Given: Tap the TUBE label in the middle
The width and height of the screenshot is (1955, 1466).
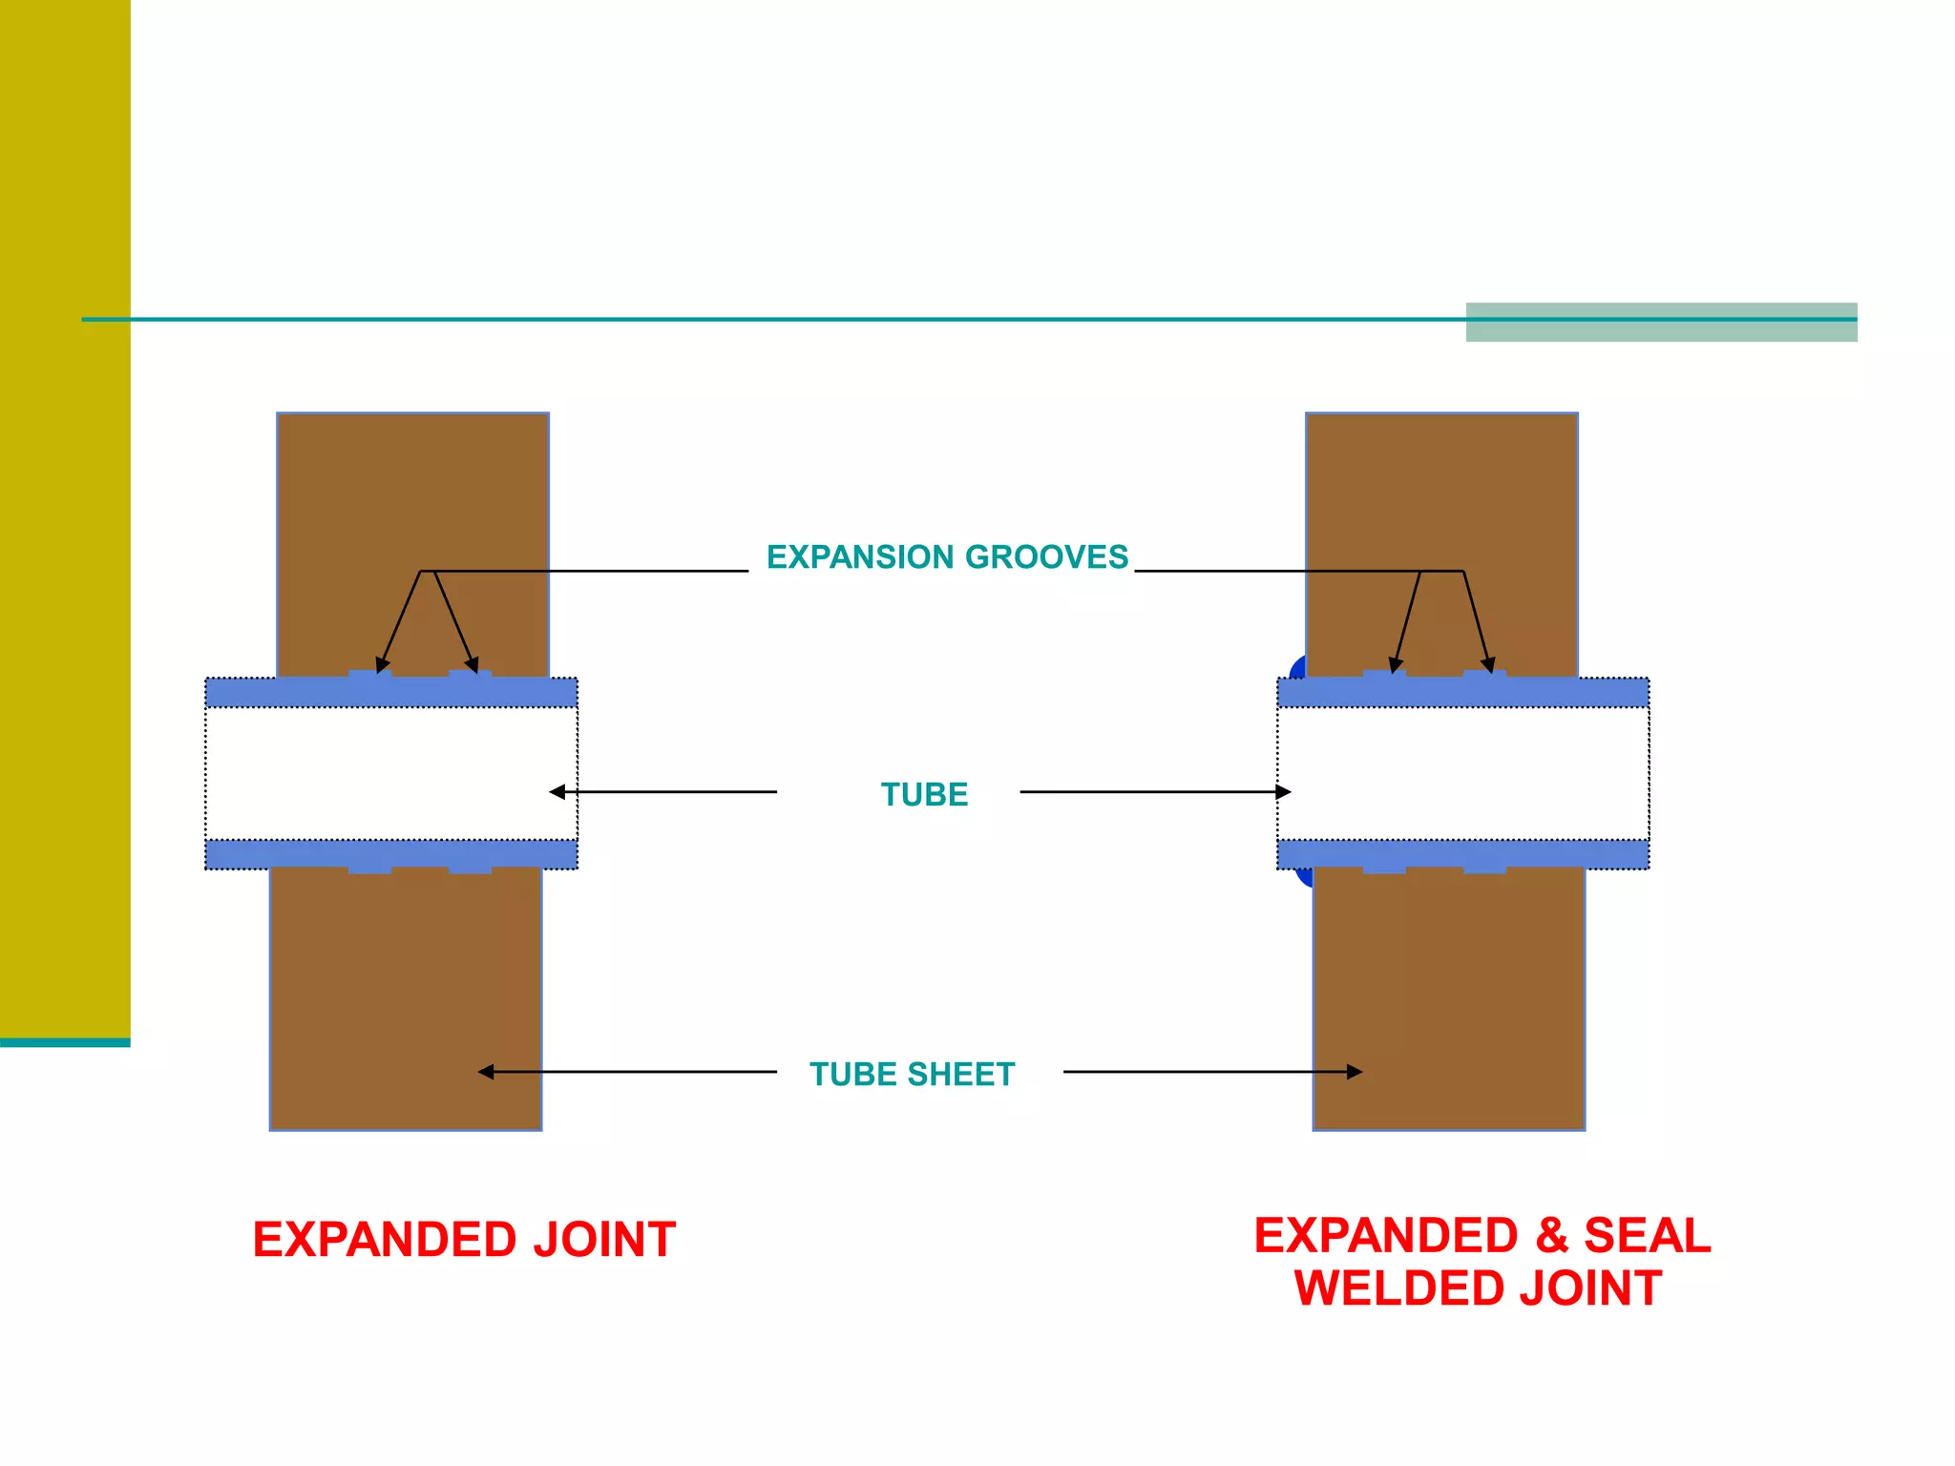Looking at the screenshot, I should (x=924, y=794).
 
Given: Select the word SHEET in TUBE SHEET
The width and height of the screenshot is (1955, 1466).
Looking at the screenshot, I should (x=960, y=1074).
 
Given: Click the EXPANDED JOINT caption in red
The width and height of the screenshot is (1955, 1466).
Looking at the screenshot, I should (x=464, y=1240).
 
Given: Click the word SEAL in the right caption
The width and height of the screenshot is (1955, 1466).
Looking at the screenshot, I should (x=1648, y=1235).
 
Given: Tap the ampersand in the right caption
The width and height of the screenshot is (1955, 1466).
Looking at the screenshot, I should (x=1551, y=1235).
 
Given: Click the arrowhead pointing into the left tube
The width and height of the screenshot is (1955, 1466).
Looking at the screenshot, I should (x=557, y=791).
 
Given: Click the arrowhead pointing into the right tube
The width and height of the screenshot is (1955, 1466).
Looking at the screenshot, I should (x=1284, y=791).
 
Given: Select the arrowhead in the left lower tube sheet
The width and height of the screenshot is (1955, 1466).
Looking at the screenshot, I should (x=486, y=1072).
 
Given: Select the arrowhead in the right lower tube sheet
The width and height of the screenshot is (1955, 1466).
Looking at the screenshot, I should (x=1355, y=1072).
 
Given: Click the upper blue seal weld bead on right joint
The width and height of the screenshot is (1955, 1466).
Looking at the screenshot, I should (x=1296, y=667).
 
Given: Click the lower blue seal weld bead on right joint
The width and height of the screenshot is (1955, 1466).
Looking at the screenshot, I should (x=1304, y=877).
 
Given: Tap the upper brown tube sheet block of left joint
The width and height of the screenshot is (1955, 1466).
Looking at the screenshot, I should (x=412, y=496).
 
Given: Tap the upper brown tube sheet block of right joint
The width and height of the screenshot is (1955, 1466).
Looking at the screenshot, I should (x=1441, y=496).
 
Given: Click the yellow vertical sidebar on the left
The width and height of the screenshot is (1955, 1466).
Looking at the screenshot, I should (x=65, y=515).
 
